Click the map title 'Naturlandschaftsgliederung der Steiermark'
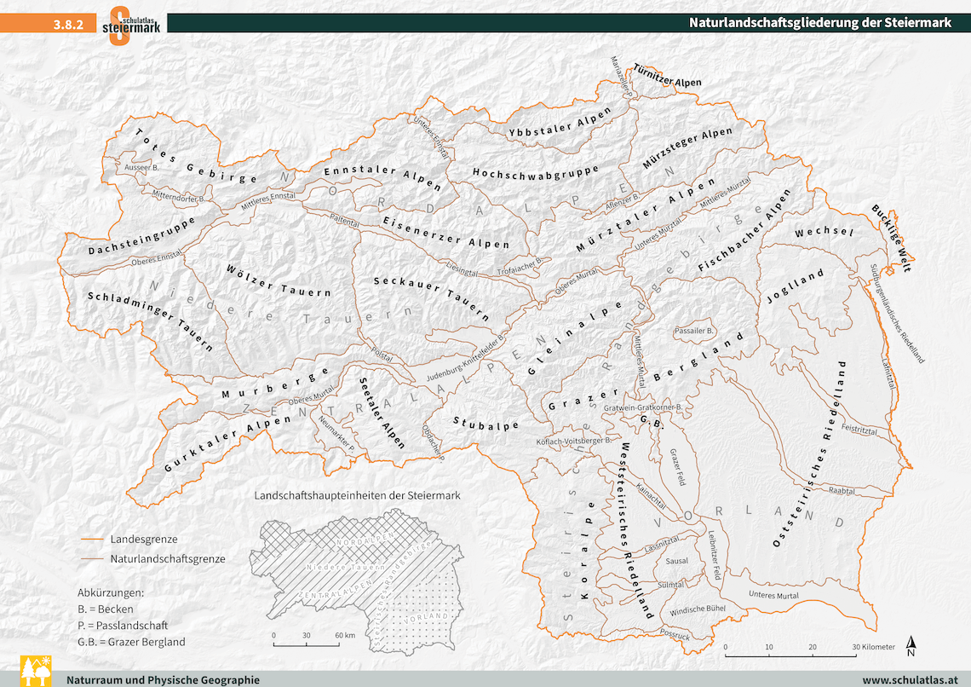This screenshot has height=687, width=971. pyautogui.click(x=819, y=23)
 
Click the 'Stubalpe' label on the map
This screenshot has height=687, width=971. pyautogui.click(x=485, y=423)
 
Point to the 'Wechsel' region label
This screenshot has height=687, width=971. pyautogui.click(x=824, y=232)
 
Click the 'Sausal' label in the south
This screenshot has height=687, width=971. pyautogui.click(x=676, y=561)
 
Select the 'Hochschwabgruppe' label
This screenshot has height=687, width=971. pyautogui.click(x=535, y=171)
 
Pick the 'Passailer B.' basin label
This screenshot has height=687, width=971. pyautogui.click(x=695, y=330)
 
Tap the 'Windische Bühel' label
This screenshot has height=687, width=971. pyautogui.click(x=698, y=610)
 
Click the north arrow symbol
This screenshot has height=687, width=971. pyautogui.click(x=911, y=646)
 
